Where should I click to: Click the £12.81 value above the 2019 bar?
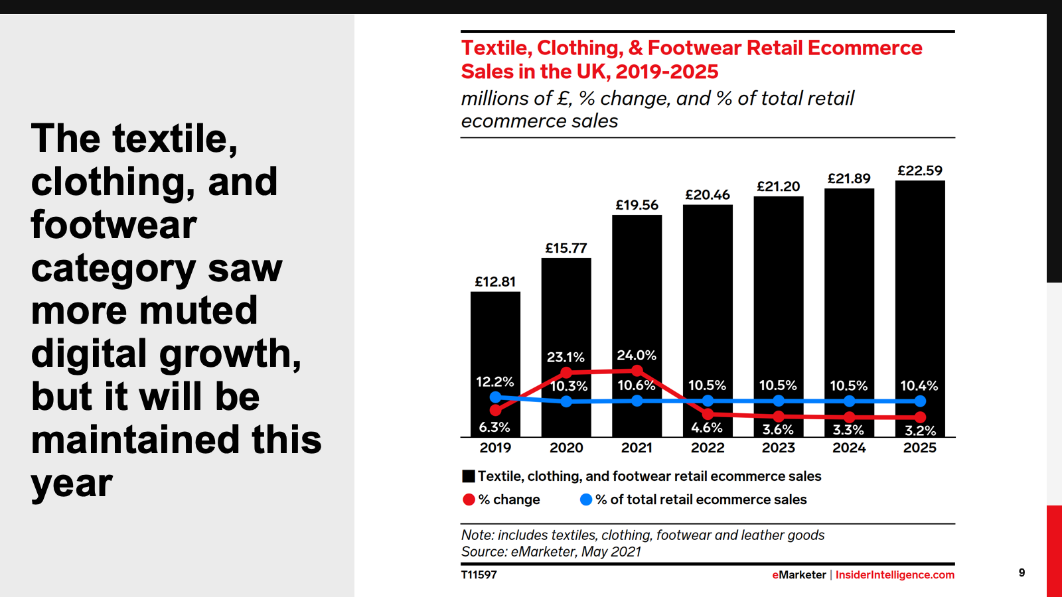tap(495, 282)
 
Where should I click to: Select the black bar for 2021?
tap(637, 292)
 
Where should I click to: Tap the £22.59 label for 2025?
tap(920, 170)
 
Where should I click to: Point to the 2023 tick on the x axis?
tap(779, 448)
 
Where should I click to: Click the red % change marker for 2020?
tap(566, 372)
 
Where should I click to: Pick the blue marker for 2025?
tap(920, 401)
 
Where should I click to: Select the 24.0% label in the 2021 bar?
tap(637, 356)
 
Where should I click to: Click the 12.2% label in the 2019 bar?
tap(495, 382)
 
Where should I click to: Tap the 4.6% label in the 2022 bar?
tap(707, 428)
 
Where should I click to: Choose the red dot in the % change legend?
tap(469, 499)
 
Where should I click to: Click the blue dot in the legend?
tap(586, 499)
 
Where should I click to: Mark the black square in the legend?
tap(469, 476)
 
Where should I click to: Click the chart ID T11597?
tap(479, 575)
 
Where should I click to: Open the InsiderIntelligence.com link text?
tap(895, 575)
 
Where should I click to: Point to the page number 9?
tap(1022, 573)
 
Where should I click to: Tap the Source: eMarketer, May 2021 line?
tap(551, 552)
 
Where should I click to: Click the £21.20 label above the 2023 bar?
tap(779, 187)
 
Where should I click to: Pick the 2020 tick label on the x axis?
tap(566, 448)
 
